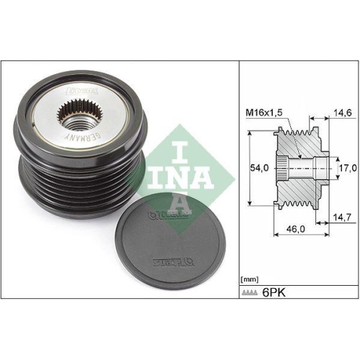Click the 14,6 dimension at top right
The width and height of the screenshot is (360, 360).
click(x=344, y=113)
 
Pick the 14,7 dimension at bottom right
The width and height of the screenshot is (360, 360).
click(x=344, y=216)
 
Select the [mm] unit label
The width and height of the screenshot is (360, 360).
click(x=249, y=277)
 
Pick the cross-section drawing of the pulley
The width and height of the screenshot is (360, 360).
click(x=303, y=166)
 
